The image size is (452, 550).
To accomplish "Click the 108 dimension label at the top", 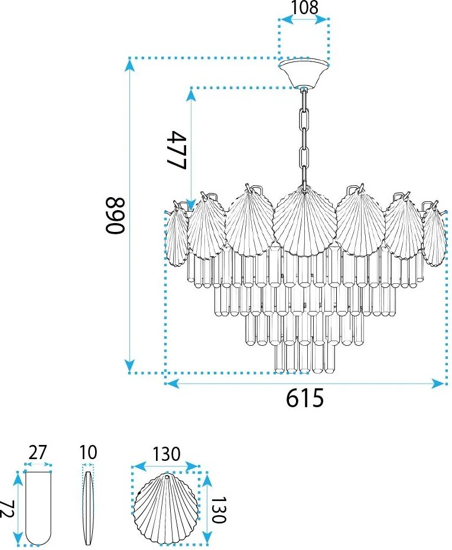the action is coord(305,7).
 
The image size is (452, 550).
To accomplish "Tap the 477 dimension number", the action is coord(176,150).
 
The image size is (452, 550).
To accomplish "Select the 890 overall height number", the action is coord(115,215).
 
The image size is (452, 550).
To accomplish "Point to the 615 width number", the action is coord(304,398).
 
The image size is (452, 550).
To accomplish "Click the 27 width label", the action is coord(38,453).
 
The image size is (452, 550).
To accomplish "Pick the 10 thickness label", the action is coord(88,453).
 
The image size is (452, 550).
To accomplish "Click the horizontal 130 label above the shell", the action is coord(166,454).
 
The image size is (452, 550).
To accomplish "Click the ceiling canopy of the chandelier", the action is coord(304,73).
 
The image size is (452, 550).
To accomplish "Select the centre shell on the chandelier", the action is coord(304,221).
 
